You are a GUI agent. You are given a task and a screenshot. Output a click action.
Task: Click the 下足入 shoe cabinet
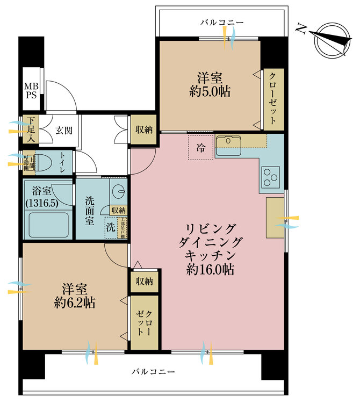pyautogui.click(x=31, y=129)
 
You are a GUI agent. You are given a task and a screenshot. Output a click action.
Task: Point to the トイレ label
pyautogui.click(x=63, y=162)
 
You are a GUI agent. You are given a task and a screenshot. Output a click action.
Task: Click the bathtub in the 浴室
pyautogui.click(x=48, y=226)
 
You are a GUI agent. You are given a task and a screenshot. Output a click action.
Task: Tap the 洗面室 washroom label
pyautogui.click(x=90, y=210)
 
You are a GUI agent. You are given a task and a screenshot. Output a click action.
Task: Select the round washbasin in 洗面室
pyautogui.click(x=118, y=191)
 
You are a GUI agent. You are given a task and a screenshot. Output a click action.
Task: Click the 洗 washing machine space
pyautogui.click(x=110, y=227)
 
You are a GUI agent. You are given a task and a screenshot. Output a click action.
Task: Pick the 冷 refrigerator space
pyautogui.click(x=200, y=148)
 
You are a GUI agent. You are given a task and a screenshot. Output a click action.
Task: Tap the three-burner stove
pyautogui.click(x=270, y=176)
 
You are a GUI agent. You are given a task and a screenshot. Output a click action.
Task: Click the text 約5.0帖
pyautogui.click(x=210, y=92)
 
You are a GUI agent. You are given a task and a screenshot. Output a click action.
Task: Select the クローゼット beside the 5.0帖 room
pyautogui.click(x=273, y=98)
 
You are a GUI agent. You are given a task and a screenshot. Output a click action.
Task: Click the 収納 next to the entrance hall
pyautogui.click(x=143, y=129)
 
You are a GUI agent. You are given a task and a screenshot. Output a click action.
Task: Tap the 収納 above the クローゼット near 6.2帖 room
pyautogui.click(x=144, y=281)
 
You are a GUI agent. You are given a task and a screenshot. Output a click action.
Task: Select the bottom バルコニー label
pyautogui.click(x=154, y=371)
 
